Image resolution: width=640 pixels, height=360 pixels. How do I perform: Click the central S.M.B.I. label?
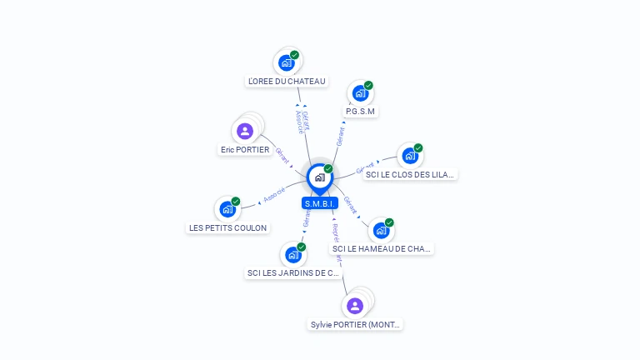(x=319, y=203)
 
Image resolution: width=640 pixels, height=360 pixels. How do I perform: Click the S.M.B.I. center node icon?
(x=319, y=177)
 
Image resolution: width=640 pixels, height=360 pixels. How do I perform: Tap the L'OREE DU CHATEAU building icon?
(x=287, y=62)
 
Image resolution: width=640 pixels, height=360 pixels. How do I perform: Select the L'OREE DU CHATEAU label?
(x=287, y=82)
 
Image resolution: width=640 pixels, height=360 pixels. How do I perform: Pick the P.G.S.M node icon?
(x=360, y=92)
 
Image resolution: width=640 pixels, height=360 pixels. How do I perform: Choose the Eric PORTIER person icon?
(x=245, y=131)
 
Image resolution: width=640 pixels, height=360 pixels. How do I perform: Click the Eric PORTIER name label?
(x=244, y=150)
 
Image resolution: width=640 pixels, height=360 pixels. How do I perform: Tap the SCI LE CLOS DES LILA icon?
(x=409, y=156)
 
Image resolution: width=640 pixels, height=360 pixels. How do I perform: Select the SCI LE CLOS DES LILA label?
(x=411, y=175)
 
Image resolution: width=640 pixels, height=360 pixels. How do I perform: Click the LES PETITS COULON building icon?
(x=227, y=209)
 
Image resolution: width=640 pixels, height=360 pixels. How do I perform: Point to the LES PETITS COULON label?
(x=228, y=228)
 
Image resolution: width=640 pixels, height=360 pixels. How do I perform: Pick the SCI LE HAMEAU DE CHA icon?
(x=380, y=230)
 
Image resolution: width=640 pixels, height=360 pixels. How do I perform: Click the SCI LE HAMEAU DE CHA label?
(x=382, y=249)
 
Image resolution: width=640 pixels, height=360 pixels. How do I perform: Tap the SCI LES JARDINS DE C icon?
(x=292, y=254)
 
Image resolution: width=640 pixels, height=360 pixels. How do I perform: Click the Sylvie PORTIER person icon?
(x=355, y=306)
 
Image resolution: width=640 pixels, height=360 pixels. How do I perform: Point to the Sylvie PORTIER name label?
(x=356, y=325)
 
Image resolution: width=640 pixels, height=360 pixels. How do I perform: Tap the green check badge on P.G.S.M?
(x=368, y=85)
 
